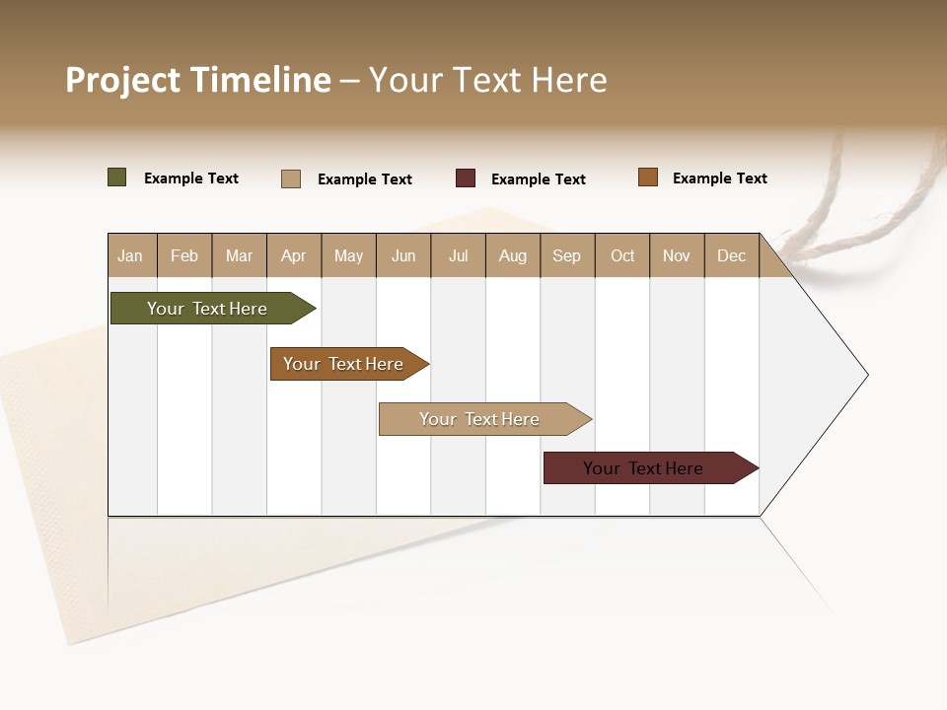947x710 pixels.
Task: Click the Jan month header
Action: (x=130, y=255)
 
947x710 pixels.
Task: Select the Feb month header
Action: (x=184, y=255)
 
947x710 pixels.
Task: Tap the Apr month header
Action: (x=293, y=255)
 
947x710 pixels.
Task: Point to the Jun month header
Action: (x=403, y=255)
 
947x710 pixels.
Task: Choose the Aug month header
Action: (x=512, y=255)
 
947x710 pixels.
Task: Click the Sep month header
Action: (x=566, y=255)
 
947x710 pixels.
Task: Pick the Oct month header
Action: (x=622, y=255)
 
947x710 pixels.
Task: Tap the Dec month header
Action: (x=731, y=255)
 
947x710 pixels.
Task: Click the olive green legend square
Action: (x=117, y=177)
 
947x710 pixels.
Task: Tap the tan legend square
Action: (x=291, y=178)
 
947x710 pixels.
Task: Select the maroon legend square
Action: (x=466, y=178)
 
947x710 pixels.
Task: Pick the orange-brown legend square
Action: (x=648, y=177)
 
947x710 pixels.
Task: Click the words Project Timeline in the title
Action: (x=198, y=80)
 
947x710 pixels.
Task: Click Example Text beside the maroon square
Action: (x=539, y=179)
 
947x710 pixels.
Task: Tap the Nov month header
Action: (x=677, y=255)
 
